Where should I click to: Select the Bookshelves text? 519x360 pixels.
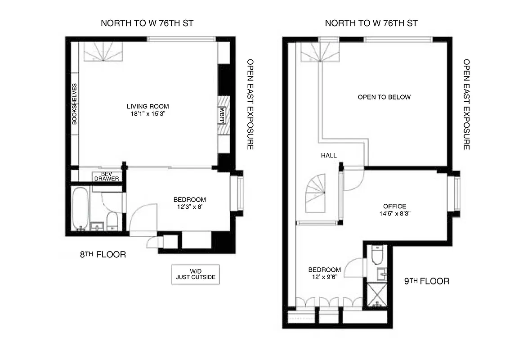(x=75, y=104)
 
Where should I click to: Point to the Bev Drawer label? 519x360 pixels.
(x=106, y=176)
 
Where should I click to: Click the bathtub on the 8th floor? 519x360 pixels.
(x=81, y=209)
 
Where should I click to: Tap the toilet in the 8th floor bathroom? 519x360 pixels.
(x=112, y=221)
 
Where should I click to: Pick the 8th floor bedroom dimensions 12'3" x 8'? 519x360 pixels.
(x=189, y=207)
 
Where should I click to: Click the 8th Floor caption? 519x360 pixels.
(x=103, y=255)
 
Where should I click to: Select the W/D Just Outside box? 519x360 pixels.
(x=195, y=274)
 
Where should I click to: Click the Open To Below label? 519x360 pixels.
(x=384, y=97)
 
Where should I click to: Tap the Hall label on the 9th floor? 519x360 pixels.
(x=329, y=155)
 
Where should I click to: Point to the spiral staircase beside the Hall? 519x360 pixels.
(x=316, y=193)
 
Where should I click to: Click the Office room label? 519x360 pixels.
(x=394, y=206)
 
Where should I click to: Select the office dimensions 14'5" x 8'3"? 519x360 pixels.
(x=394, y=214)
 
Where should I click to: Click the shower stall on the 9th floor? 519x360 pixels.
(x=377, y=295)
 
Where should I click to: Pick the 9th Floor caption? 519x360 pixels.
(x=427, y=281)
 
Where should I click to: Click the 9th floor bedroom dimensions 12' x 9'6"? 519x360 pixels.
(x=324, y=277)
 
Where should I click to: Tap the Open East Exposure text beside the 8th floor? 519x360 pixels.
(x=250, y=104)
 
